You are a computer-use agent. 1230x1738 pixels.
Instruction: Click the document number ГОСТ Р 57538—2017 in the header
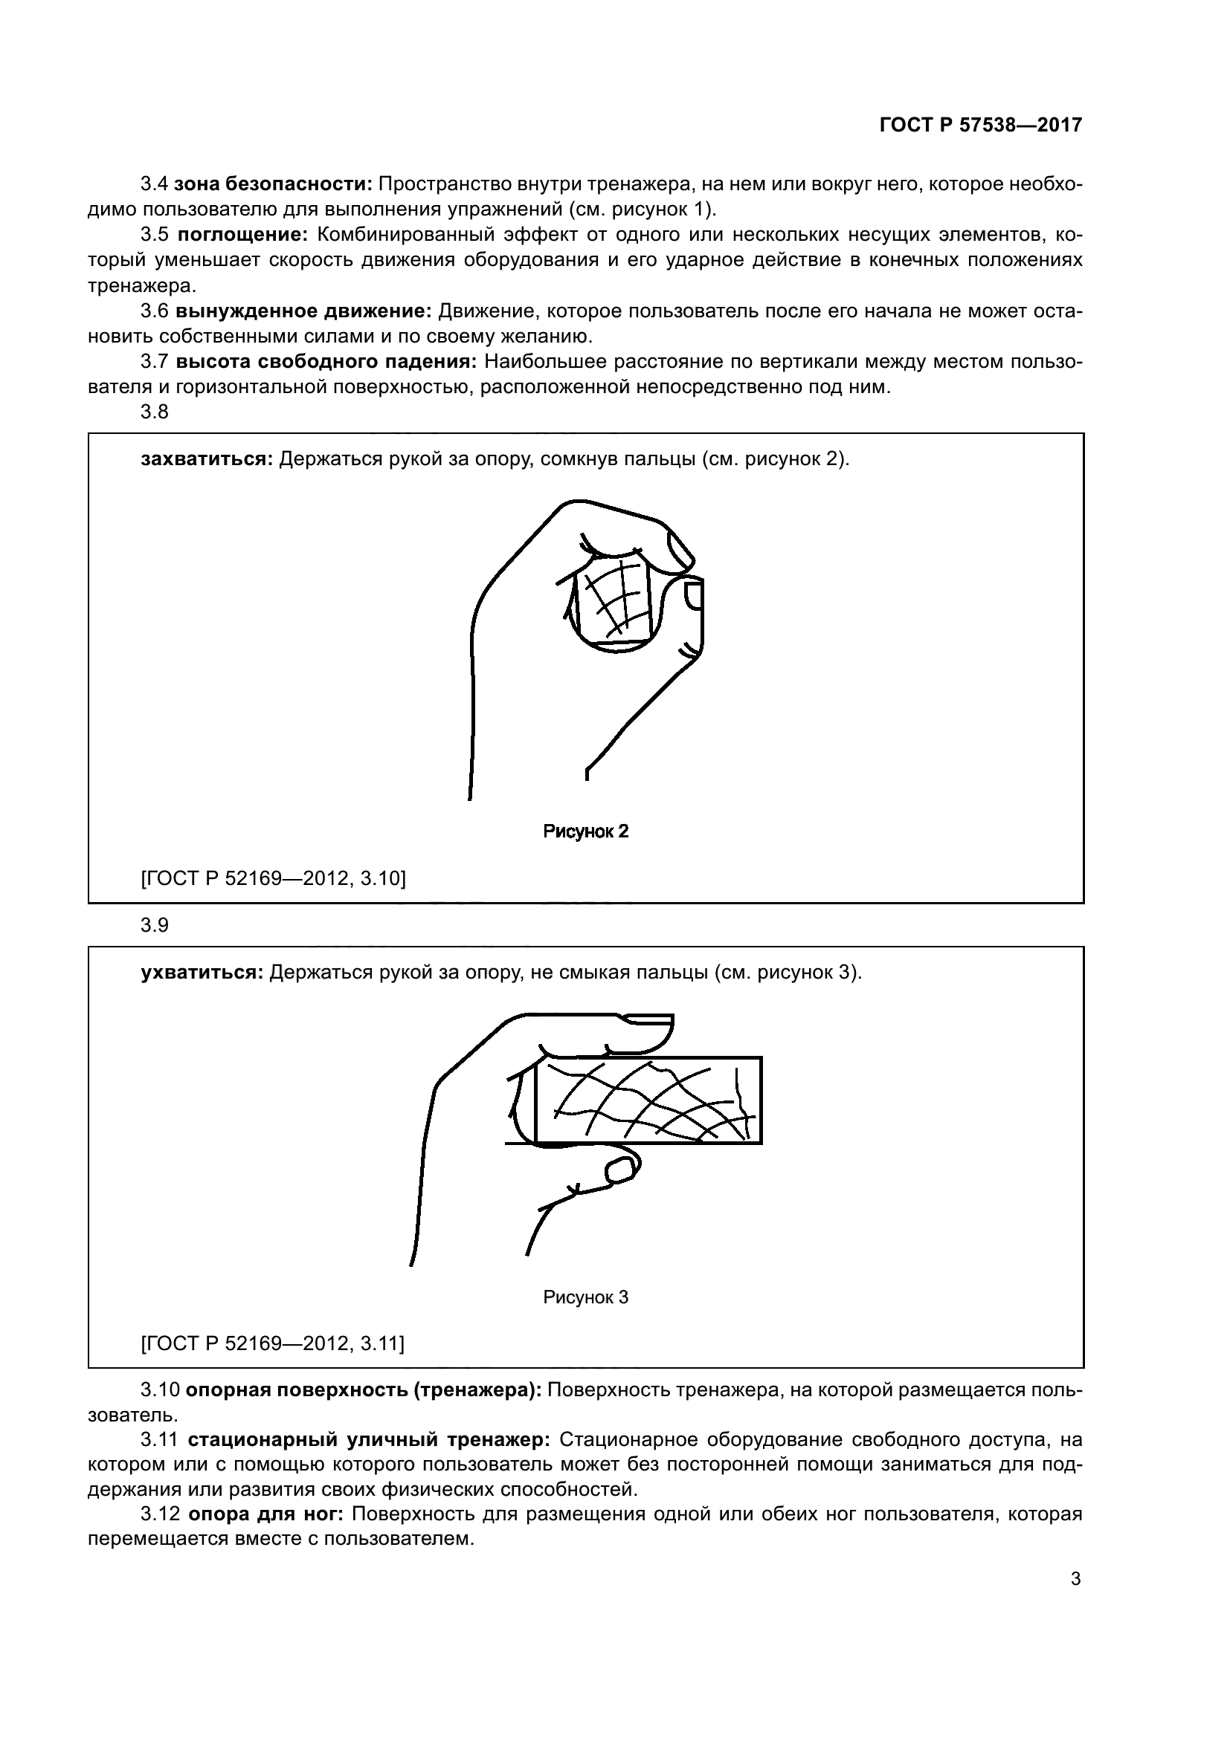point(980,126)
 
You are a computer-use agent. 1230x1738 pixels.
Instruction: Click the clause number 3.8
point(155,412)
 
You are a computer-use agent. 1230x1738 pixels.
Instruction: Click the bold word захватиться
point(206,459)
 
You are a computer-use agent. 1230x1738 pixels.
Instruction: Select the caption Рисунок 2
point(585,832)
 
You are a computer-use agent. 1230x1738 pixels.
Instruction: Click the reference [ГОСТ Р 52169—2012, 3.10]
point(273,878)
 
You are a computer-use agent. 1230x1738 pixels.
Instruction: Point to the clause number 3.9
point(155,925)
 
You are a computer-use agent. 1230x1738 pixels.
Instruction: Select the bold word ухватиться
point(202,973)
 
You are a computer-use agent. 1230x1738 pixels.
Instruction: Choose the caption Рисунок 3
point(585,1297)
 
